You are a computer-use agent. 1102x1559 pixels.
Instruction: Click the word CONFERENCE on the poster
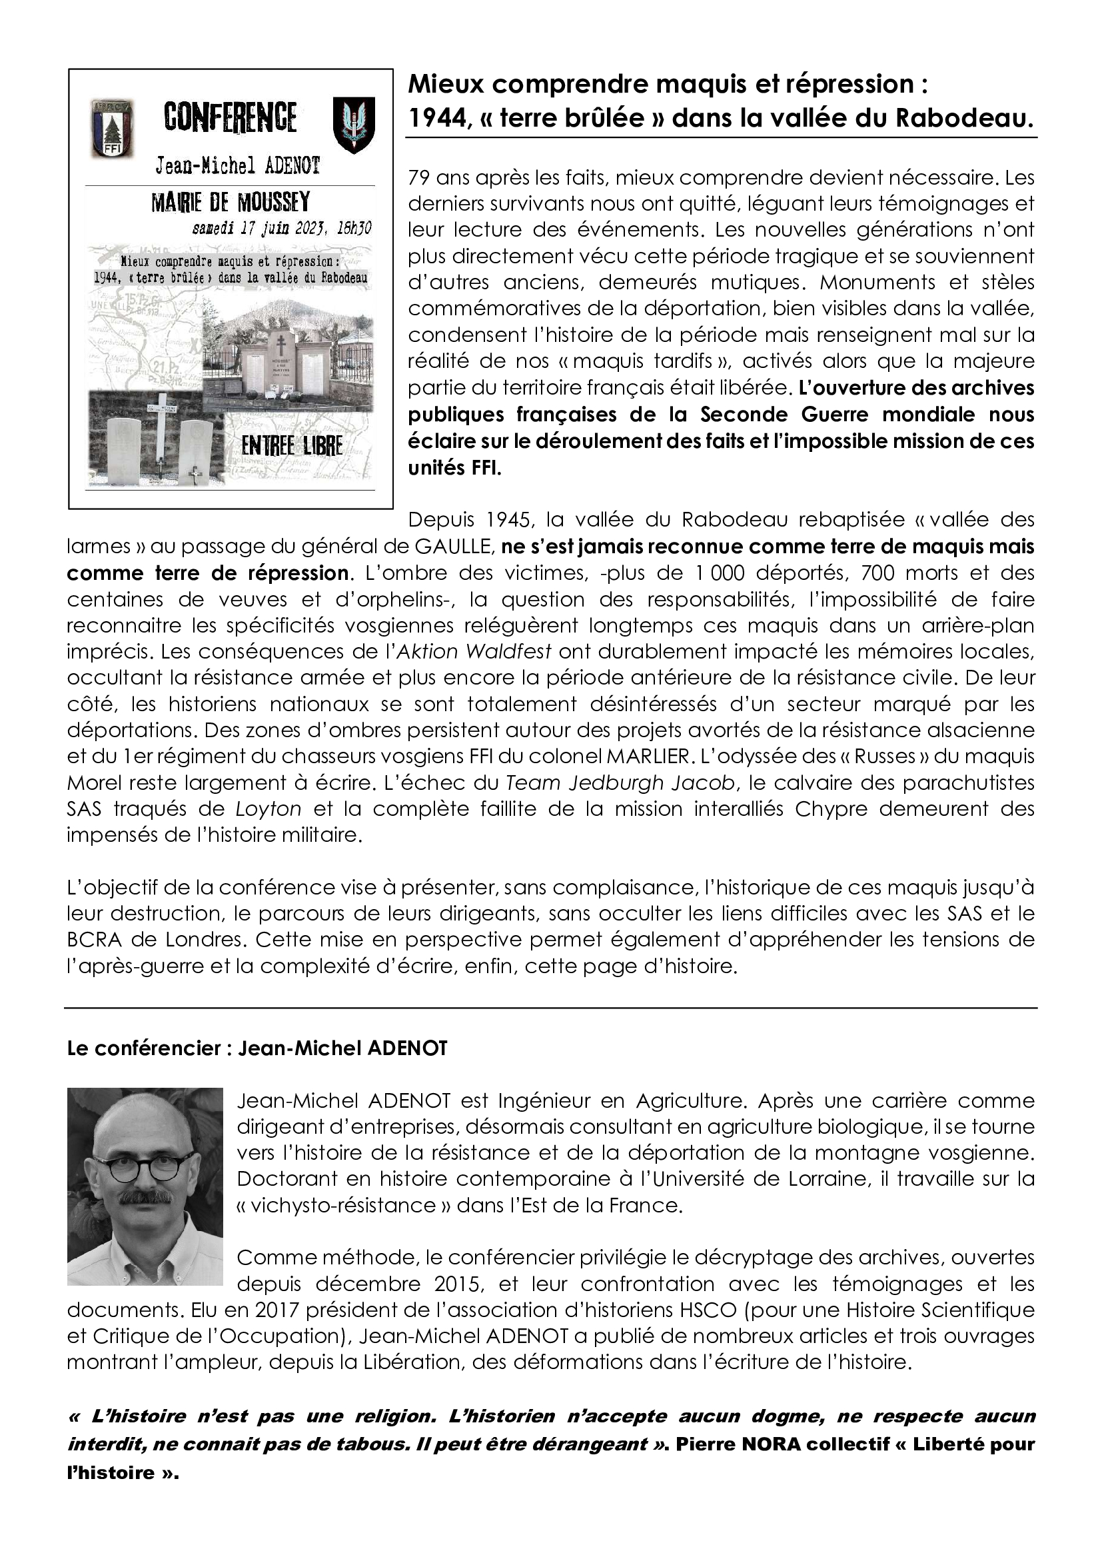(x=231, y=117)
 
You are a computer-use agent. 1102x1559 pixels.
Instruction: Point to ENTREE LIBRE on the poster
(x=292, y=446)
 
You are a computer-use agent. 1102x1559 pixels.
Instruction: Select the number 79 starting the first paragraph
(x=418, y=179)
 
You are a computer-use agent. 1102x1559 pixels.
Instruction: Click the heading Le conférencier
(x=145, y=1048)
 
